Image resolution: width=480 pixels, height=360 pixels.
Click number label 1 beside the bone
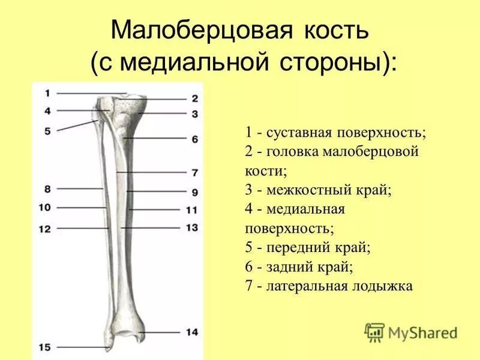48,93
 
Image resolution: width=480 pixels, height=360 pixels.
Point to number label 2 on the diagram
194,98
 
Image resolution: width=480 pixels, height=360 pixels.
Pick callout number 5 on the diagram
48,130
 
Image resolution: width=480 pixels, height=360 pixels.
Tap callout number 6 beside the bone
194,139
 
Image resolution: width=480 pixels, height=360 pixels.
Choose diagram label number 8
48,188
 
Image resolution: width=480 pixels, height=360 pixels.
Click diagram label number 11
192,210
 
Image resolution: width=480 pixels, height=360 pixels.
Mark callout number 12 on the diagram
46,229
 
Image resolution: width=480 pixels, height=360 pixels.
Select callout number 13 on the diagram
192,227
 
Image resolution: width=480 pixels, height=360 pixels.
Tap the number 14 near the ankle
192,332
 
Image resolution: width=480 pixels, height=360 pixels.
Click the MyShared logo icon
375,332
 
